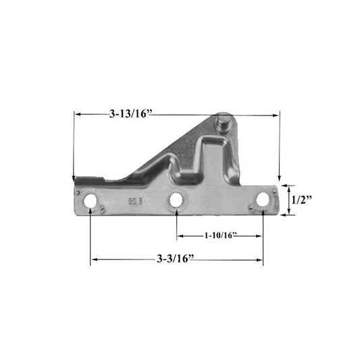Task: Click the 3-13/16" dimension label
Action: (131, 113)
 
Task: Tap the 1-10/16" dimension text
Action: (221, 235)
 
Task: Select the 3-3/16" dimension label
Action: (176, 259)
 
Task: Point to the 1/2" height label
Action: (302, 200)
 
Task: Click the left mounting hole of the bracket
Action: (90, 201)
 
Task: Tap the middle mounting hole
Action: (176, 200)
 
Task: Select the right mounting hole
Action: (263, 199)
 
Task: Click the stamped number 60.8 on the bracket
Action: (136, 201)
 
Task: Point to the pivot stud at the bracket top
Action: (222, 124)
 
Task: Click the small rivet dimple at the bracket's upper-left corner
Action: (78, 192)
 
